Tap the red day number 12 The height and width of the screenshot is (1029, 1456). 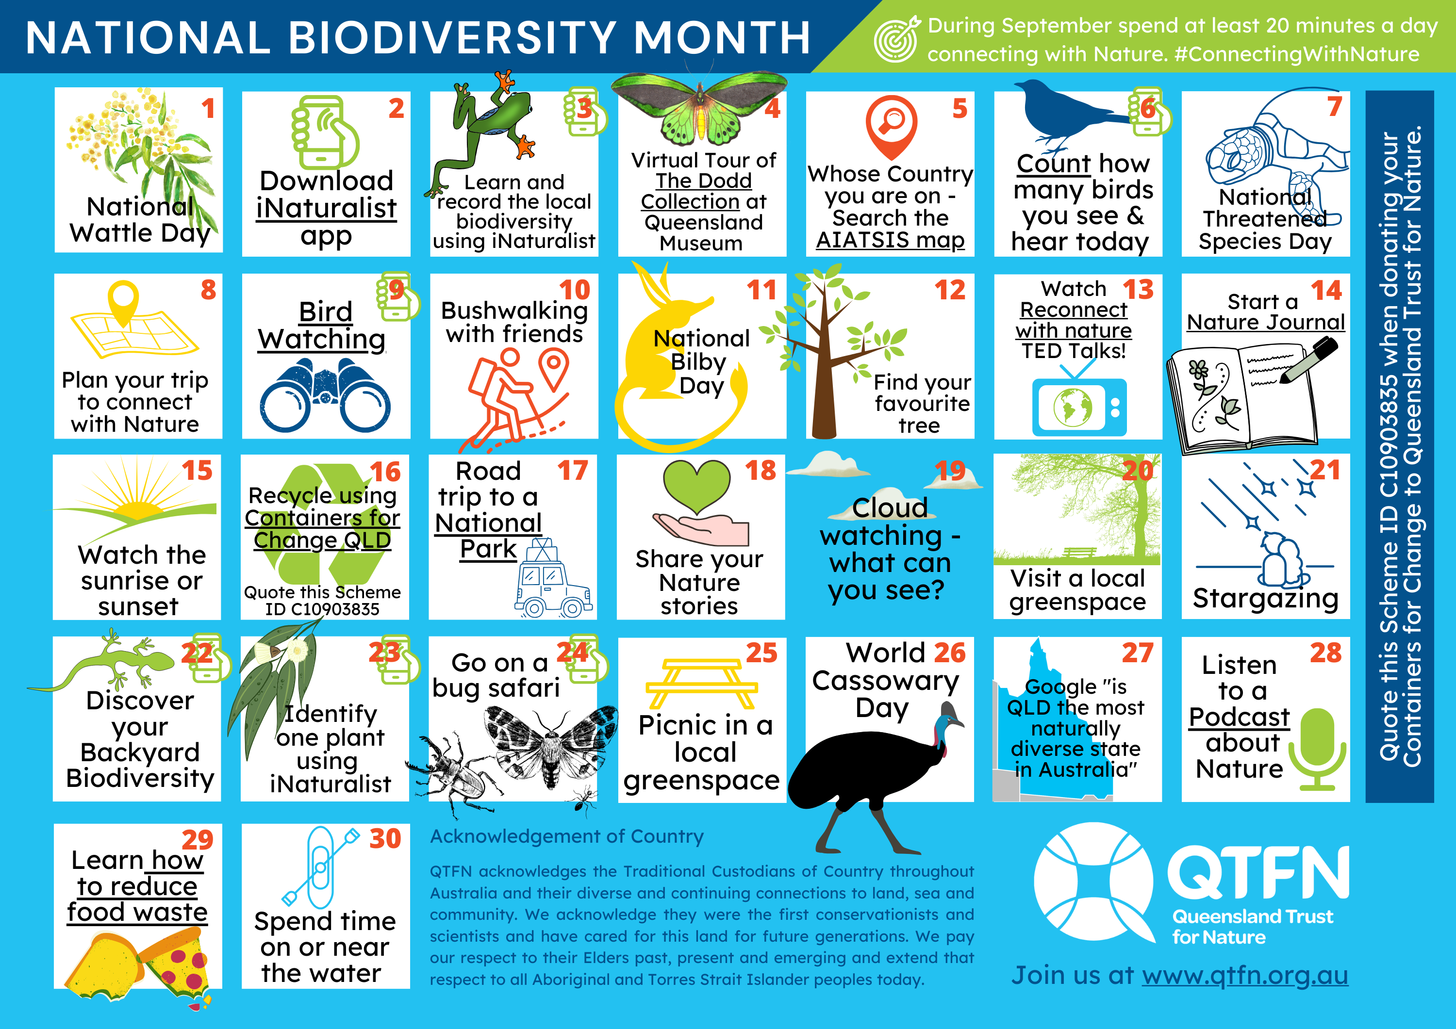[950, 290]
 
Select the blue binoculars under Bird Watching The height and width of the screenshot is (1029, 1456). [325, 394]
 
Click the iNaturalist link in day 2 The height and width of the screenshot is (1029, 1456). [326, 209]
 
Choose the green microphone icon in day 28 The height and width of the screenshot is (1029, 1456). [1317, 749]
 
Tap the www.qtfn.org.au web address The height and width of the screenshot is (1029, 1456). [1245, 975]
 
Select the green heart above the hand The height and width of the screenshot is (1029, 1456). [697, 486]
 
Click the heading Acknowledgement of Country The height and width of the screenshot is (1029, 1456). [567, 836]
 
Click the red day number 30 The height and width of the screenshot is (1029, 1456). [385, 838]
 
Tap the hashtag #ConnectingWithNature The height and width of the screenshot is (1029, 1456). [1297, 54]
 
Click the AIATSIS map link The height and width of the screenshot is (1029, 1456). [890, 240]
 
